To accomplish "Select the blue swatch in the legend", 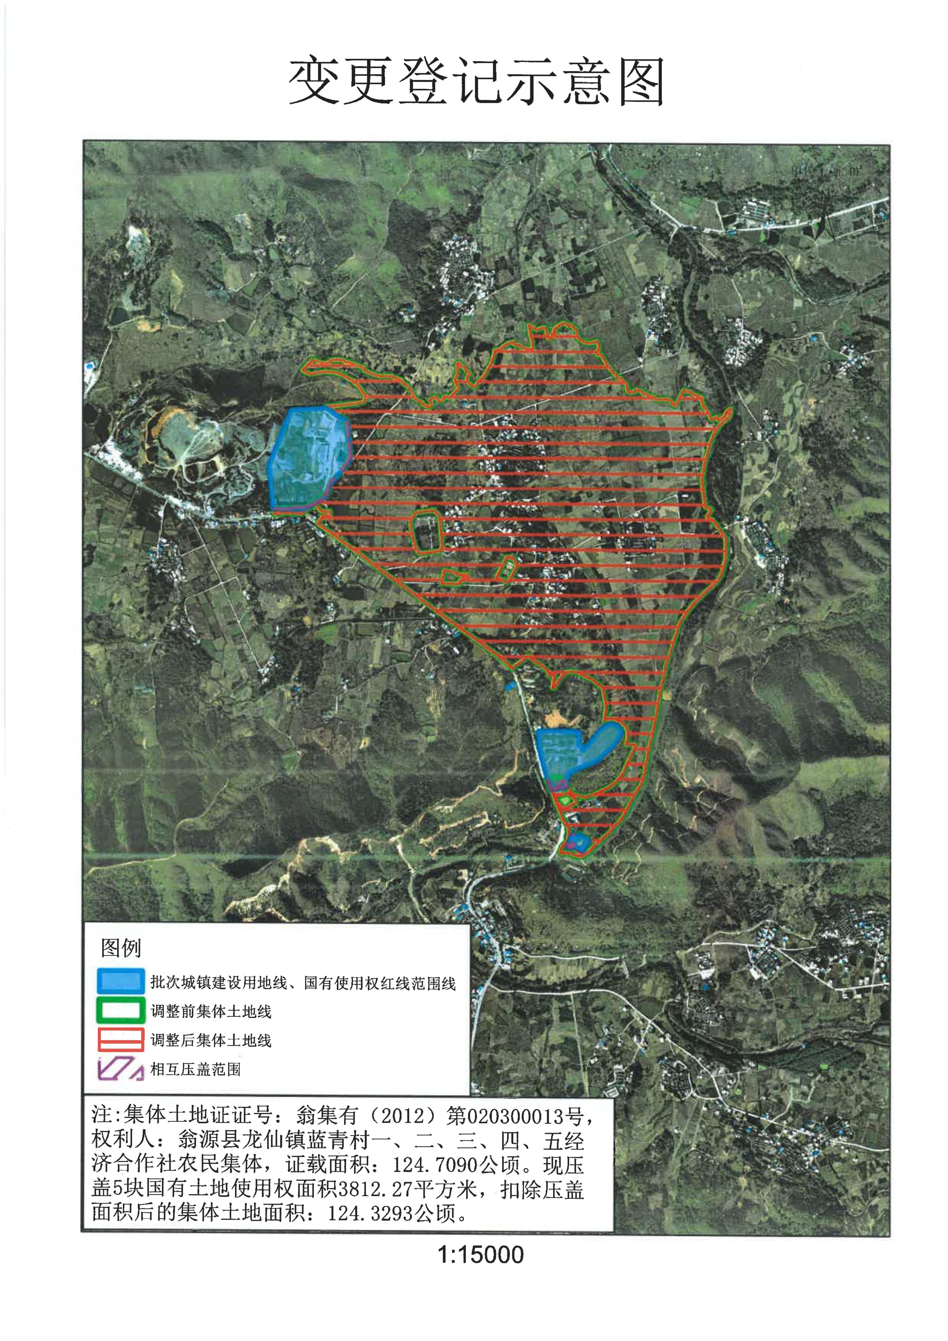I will [x=120, y=982].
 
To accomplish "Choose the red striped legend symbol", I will [x=120, y=1040].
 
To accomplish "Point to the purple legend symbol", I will [x=120, y=1069].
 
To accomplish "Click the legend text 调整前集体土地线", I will [x=211, y=1011].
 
